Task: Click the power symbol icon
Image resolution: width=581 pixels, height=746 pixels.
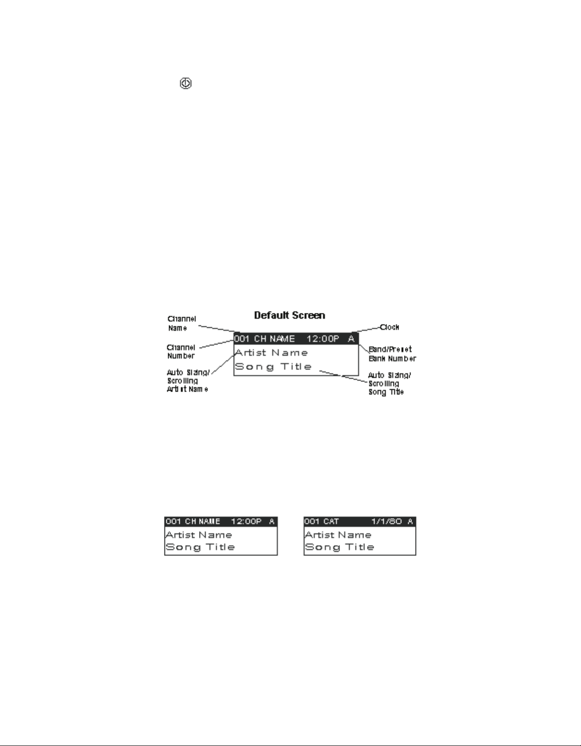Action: tap(185, 84)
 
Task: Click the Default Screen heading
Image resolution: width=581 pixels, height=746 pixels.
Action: tap(289, 316)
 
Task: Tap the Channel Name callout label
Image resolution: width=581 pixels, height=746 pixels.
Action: tap(181, 324)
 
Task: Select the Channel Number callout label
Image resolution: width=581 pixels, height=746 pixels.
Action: tap(181, 352)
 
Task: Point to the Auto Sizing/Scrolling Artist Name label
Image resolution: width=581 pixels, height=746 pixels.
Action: tap(188, 381)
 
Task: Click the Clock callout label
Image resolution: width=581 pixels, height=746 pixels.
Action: tap(389, 327)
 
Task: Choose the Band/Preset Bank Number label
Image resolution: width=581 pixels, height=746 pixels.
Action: tap(392, 354)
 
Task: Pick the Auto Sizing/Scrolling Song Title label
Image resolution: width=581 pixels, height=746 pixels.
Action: tap(389, 383)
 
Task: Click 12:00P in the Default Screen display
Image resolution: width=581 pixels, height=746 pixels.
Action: tap(323, 339)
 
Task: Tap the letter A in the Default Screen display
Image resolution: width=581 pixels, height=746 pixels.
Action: tap(351, 339)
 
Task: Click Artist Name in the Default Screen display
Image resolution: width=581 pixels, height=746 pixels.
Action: tap(271, 353)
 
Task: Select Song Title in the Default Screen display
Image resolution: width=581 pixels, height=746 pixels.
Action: tap(274, 367)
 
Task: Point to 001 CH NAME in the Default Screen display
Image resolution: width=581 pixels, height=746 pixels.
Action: tap(264, 339)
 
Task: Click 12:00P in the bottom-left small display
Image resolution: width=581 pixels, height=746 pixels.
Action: tap(246, 521)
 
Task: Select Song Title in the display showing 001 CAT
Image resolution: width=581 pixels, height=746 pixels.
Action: tap(340, 547)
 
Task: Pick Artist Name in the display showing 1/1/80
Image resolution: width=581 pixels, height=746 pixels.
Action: tap(338, 535)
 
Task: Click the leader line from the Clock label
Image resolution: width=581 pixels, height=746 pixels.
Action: tap(369, 330)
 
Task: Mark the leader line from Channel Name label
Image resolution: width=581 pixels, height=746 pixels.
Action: tap(217, 329)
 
